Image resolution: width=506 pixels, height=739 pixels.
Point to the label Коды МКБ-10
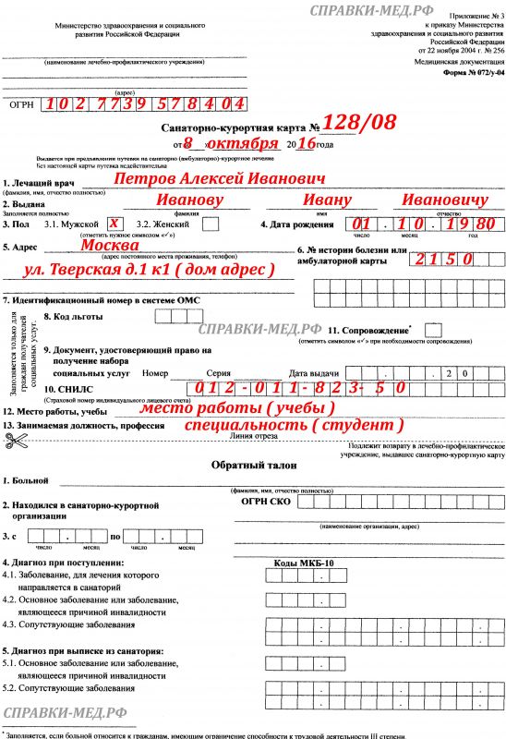point(306,561)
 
